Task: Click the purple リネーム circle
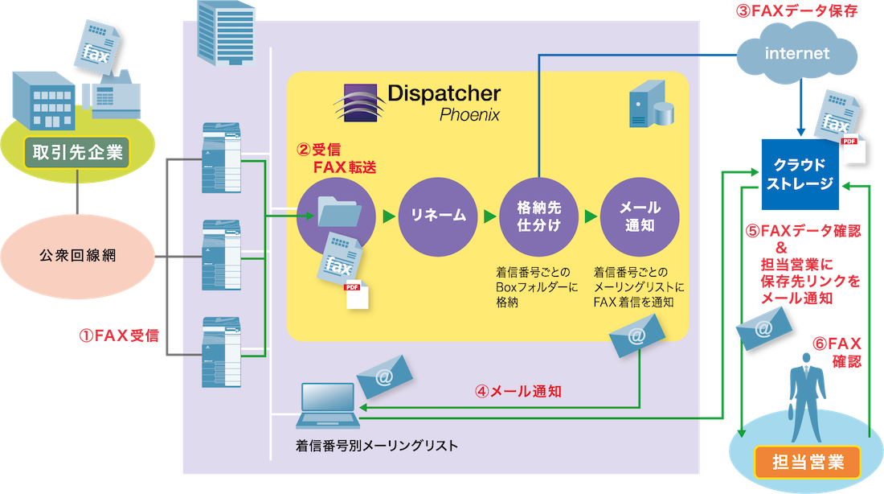pos(438,216)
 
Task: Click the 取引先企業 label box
pos(77,151)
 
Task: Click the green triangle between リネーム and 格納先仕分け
pos(489,216)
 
